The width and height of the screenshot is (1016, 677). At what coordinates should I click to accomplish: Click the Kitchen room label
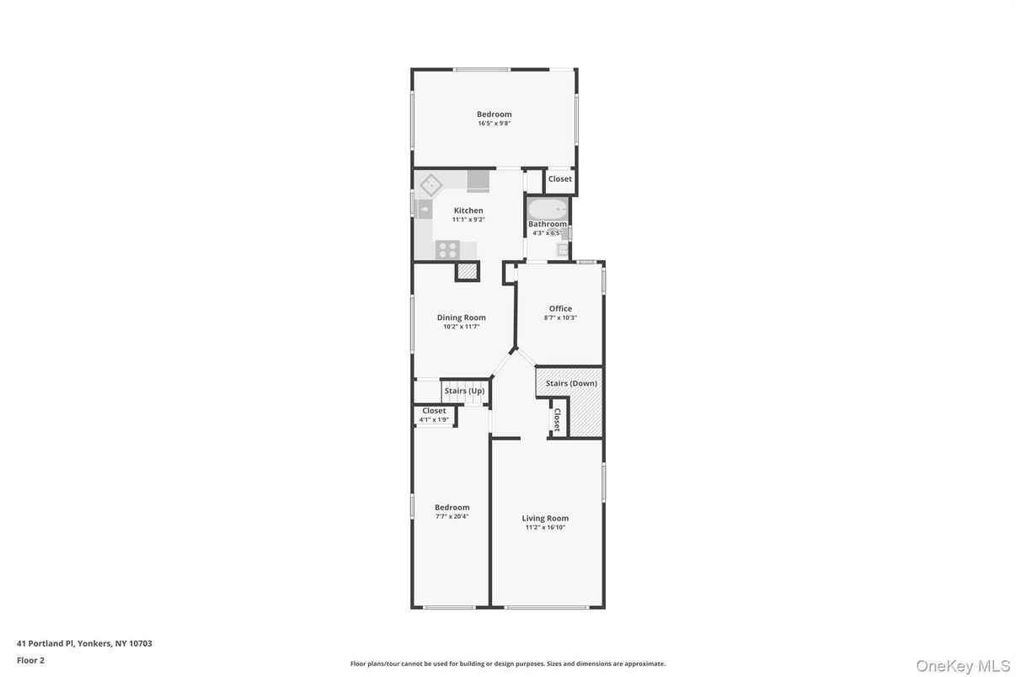(x=468, y=211)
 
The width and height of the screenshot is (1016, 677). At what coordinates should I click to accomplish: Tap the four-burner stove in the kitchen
(x=447, y=249)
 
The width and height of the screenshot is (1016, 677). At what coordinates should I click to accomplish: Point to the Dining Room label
(x=461, y=317)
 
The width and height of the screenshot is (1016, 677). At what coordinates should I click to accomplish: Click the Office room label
(x=560, y=309)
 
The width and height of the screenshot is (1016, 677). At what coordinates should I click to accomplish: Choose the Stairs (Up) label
(x=464, y=391)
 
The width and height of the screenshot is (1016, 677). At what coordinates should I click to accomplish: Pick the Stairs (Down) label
(x=571, y=384)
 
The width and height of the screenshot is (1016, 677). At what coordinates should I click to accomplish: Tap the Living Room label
(x=545, y=519)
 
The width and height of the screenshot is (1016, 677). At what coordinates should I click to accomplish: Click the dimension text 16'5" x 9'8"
(x=494, y=124)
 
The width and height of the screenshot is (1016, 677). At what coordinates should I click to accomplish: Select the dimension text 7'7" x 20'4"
(x=452, y=516)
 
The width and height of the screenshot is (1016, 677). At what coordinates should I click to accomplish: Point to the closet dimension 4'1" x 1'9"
(x=434, y=419)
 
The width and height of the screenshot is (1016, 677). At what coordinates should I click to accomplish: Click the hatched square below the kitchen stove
(x=467, y=271)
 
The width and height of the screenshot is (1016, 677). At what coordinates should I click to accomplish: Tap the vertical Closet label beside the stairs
(x=557, y=419)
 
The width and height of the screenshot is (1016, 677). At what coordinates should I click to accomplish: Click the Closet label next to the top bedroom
(x=560, y=179)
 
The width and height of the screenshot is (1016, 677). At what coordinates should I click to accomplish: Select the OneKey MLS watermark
(x=962, y=666)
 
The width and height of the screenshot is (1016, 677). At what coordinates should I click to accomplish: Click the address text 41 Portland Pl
(x=84, y=643)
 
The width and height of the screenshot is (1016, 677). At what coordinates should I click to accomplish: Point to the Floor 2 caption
(x=30, y=660)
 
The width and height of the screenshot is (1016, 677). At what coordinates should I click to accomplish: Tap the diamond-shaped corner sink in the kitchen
(x=431, y=184)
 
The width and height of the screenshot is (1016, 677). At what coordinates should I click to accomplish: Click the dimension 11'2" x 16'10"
(x=545, y=528)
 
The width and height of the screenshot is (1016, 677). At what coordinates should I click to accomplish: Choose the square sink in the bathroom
(x=561, y=249)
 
